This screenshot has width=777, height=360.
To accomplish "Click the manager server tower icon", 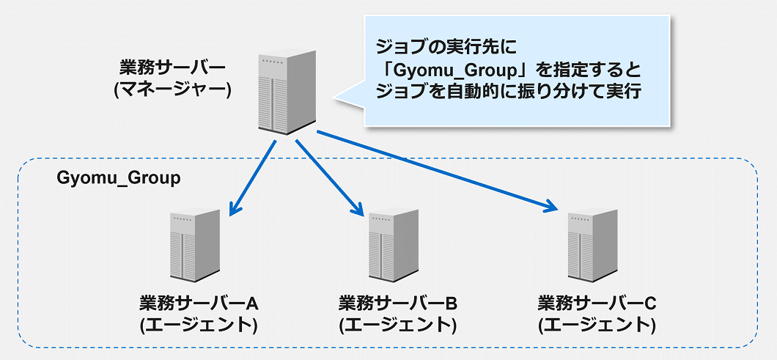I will [x=287, y=92].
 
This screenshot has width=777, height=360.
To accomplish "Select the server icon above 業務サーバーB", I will [x=394, y=247].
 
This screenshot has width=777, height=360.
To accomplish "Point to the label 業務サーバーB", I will [x=398, y=303].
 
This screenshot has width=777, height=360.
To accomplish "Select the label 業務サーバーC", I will [x=597, y=302].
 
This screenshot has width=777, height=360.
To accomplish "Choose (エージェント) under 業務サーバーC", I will [x=597, y=323].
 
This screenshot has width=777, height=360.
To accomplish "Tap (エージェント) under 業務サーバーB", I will [x=398, y=324].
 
